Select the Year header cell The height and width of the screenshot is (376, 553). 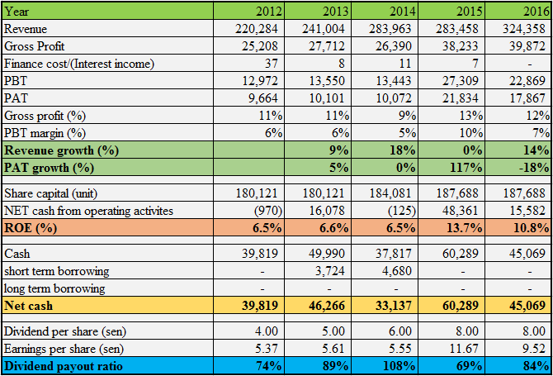click(x=17, y=11)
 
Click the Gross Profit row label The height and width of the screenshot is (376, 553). click(x=35, y=46)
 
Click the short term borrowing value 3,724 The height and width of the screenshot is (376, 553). click(x=331, y=271)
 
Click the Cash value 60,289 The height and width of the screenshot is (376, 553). click(x=460, y=253)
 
